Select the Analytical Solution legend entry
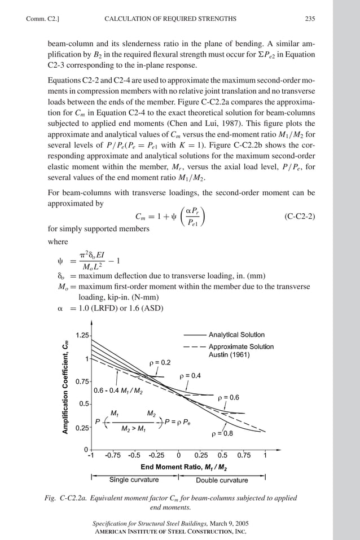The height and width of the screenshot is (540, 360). [236, 335]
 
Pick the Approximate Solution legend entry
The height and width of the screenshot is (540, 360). [241, 346]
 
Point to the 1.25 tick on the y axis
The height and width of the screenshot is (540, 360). [82, 335]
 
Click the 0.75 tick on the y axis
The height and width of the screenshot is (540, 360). [82, 381]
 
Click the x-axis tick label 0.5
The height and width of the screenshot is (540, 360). [222, 455]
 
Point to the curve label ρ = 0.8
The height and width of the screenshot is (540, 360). [222, 434]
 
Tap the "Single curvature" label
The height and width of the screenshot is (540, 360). [134, 480]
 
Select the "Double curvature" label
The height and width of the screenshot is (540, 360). [222, 480]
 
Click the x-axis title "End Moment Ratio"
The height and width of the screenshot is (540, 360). [184, 467]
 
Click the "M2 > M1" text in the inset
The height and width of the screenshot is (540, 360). [134, 429]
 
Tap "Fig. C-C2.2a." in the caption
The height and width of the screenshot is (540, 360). [67, 498]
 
